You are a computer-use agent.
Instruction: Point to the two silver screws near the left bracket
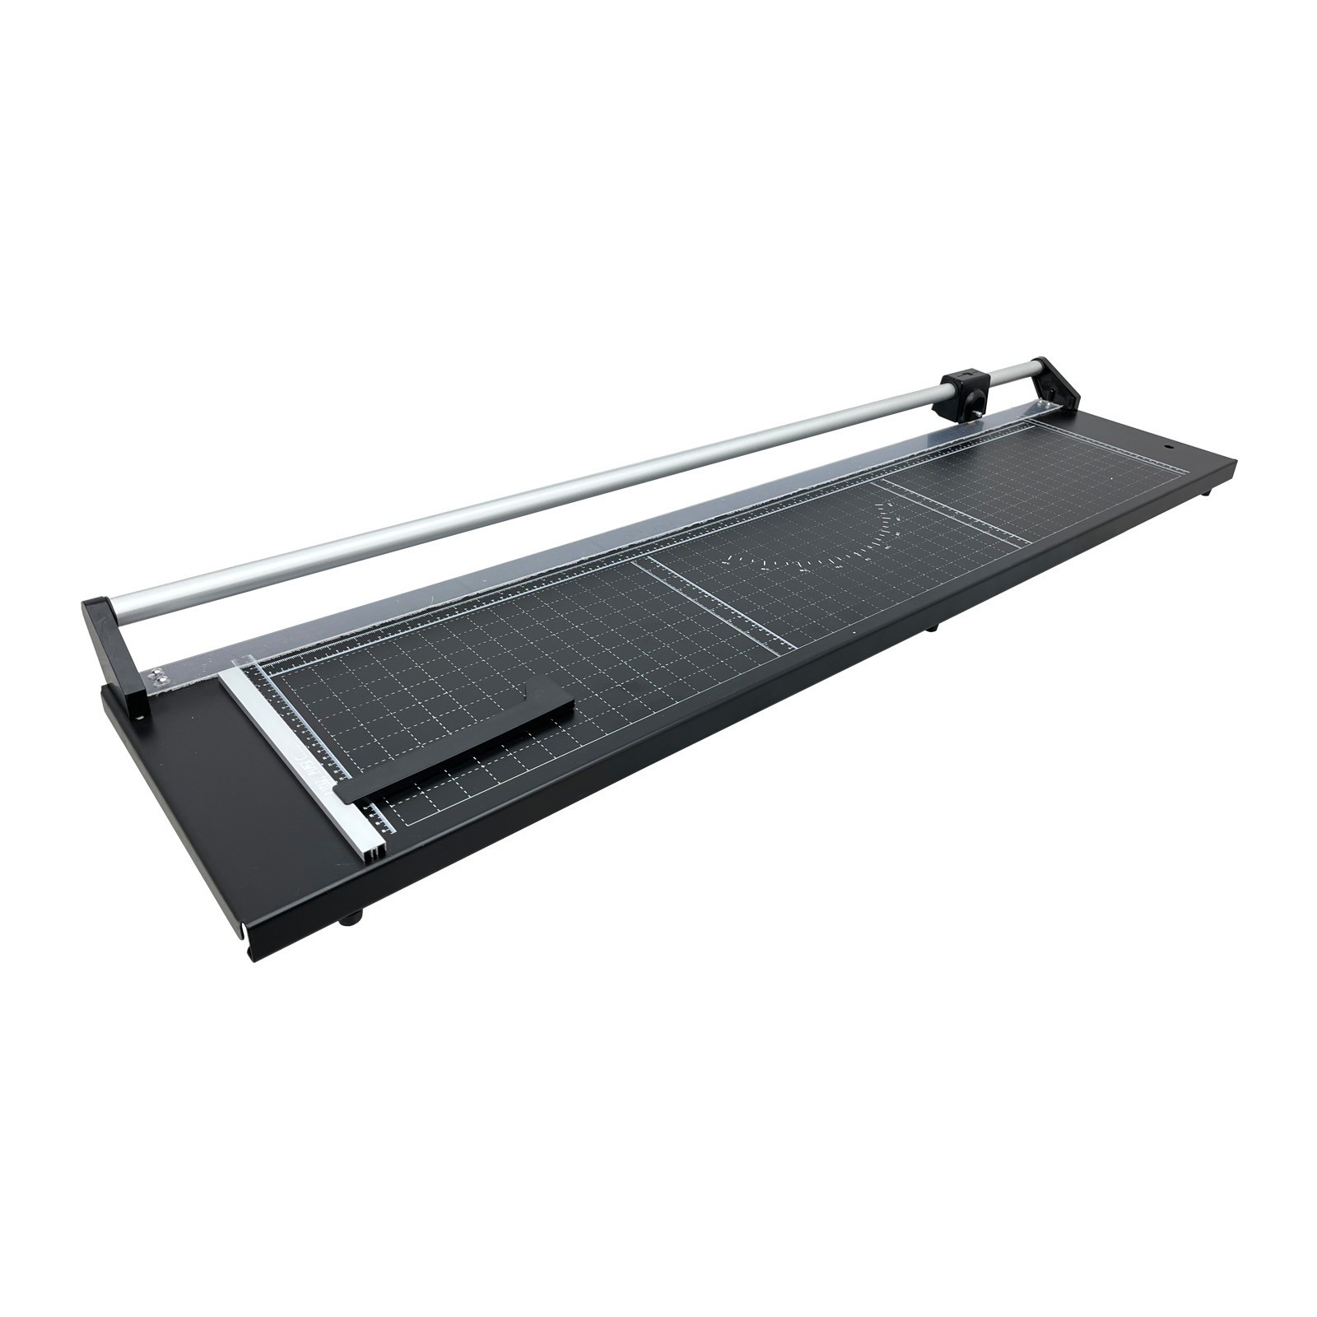[x=156, y=677]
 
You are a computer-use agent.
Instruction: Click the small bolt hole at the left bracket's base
[x=137, y=719]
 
